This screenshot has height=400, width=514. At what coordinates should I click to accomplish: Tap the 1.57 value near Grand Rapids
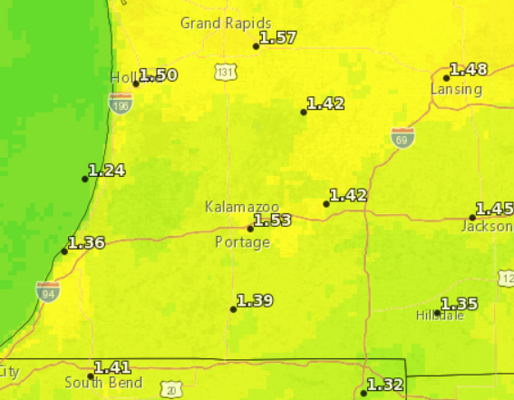[277, 38]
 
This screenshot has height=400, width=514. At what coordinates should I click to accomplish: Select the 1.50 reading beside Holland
[159, 75]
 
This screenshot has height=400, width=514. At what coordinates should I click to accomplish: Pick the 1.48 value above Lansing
[468, 70]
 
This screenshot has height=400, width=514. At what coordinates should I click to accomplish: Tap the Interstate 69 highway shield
[403, 137]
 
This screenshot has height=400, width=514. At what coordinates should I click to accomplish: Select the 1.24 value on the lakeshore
[107, 171]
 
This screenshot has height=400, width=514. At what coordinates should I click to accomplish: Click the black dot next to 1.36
[64, 251]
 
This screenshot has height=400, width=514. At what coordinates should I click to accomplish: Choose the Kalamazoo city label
[241, 207]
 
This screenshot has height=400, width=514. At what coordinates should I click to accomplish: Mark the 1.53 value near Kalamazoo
[272, 220]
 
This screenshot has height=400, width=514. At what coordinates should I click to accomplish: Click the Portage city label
[242, 242]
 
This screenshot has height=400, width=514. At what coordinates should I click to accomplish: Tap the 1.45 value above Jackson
[494, 209]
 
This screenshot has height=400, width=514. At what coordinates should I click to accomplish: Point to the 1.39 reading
[255, 301]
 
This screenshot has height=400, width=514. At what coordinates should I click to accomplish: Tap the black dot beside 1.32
[364, 393]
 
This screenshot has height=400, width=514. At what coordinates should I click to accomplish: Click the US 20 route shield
[172, 390]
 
